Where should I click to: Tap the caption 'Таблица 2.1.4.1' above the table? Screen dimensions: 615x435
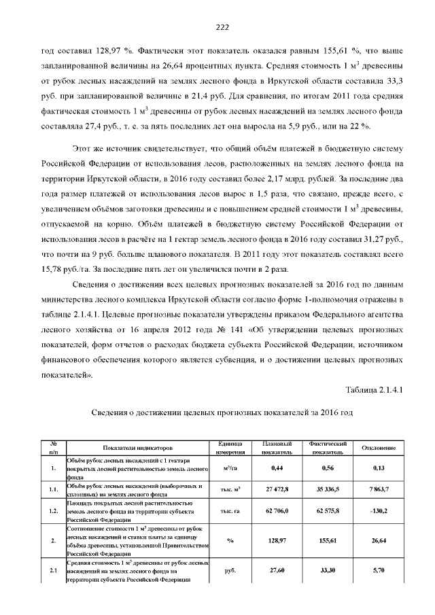375,389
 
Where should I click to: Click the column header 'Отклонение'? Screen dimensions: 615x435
379,448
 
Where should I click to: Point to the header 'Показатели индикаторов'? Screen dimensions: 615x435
138,448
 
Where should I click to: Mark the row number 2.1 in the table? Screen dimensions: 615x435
53,570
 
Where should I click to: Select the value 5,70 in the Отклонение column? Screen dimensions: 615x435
379,570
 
